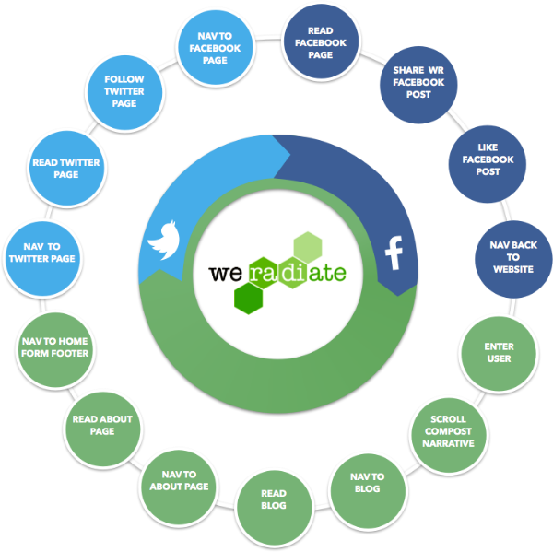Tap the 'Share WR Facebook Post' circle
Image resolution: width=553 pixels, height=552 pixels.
pyautogui.click(x=418, y=82)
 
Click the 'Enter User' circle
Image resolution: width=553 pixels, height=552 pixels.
pyautogui.click(x=499, y=352)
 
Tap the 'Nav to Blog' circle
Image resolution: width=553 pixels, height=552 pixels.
pyautogui.click(x=367, y=483)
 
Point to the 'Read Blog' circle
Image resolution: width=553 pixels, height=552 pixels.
pyautogui.click(x=274, y=500)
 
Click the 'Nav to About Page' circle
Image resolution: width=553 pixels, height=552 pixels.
pyautogui.click(x=178, y=479)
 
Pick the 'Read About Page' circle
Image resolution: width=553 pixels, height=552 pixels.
pyautogui.click(x=102, y=425)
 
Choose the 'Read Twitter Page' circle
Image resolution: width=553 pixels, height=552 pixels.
pyautogui.click(x=65, y=168)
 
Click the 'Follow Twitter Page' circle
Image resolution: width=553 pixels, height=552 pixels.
pyautogui.click(x=124, y=92)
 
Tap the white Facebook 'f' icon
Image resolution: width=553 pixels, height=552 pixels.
pyautogui.click(x=394, y=252)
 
